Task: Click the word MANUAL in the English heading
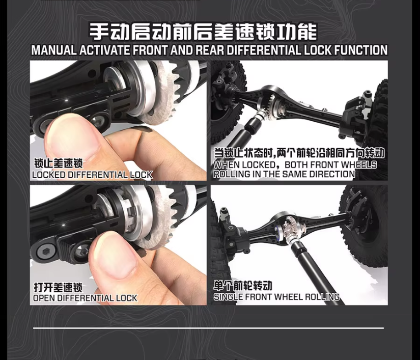click(53, 50)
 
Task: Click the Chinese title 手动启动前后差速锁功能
click(203, 32)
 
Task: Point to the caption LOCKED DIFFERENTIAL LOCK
click(92, 175)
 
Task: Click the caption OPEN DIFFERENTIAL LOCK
click(85, 298)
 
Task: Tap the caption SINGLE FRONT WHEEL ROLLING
click(276, 297)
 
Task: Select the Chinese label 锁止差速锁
click(58, 163)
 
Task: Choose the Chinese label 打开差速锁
click(58, 287)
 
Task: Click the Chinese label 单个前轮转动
click(243, 286)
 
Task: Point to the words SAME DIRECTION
click(319, 174)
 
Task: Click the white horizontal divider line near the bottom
click(208, 328)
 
